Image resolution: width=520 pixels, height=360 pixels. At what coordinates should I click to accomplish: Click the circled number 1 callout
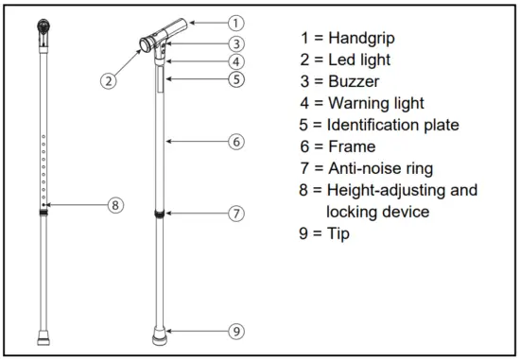(x=236, y=21)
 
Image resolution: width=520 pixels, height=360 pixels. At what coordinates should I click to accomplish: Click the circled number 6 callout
(x=236, y=142)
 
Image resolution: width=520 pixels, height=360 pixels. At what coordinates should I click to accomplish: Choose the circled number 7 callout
(x=236, y=214)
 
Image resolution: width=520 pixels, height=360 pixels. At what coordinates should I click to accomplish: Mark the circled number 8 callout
(x=115, y=204)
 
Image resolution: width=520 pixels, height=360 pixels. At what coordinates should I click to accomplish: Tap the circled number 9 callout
(x=236, y=331)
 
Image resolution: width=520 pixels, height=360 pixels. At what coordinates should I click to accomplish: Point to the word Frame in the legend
(x=352, y=146)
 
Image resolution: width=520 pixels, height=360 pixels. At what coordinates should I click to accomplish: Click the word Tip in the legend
(x=338, y=232)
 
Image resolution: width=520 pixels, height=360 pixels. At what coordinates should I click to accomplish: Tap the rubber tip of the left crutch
(x=44, y=334)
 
